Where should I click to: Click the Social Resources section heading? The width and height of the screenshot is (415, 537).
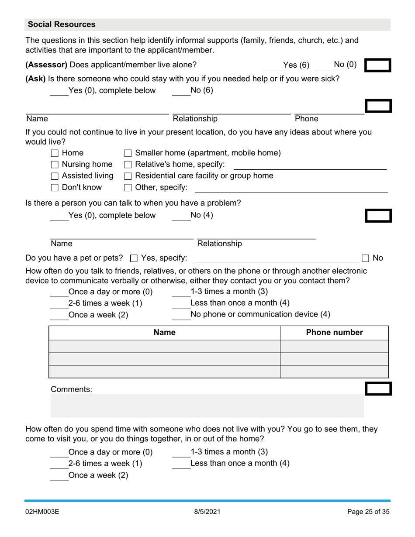coord(62,24)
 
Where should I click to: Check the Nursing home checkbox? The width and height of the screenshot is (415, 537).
coord(55,165)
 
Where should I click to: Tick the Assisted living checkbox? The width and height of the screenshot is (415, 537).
coord(55,176)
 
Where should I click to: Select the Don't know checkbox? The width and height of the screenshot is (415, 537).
coord(55,188)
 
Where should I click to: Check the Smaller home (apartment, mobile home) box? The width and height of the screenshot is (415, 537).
coord(128,153)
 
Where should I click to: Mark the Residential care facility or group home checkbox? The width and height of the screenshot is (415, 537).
coord(128,176)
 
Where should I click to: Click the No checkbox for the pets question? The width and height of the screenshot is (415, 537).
coord(366,258)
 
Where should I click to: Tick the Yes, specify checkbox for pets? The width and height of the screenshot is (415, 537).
coord(135,258)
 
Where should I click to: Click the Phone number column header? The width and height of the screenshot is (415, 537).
coord(334,333)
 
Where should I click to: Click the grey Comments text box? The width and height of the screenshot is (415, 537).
coord(207,406)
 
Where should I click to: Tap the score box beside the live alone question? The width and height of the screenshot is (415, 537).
coord(377,65)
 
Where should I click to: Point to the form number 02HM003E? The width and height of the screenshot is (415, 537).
coord(42,512)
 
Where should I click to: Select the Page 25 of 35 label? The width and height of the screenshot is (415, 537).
coord(368,512)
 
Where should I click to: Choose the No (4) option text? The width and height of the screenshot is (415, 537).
coord(201,215)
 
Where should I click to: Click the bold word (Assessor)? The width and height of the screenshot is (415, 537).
coord(46,65)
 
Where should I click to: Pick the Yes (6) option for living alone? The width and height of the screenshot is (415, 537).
coord(296,65)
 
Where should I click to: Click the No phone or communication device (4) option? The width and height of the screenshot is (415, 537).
coord(260,314)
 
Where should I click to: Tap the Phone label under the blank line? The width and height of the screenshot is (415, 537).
coord(306,119)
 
